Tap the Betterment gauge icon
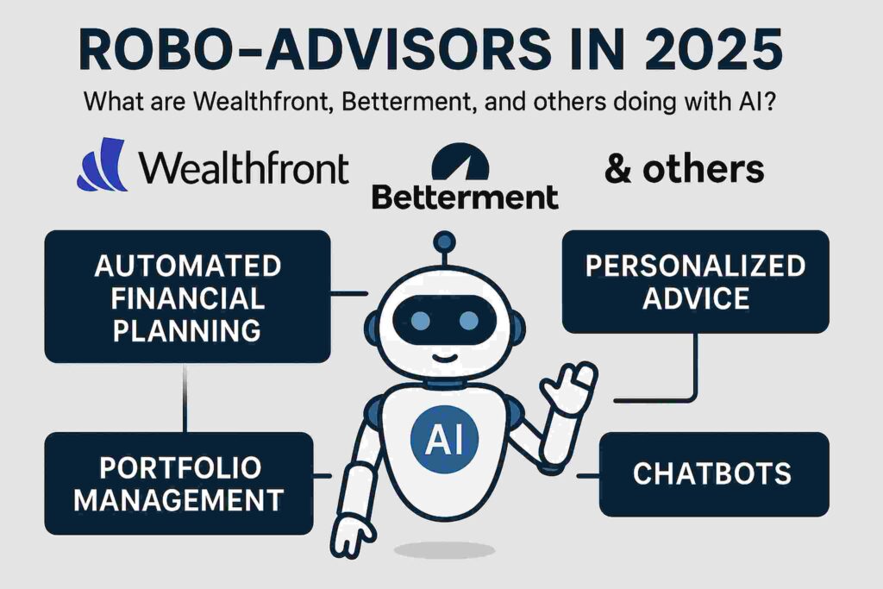click(460, 161)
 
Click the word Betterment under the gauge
click(465, 197)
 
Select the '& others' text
click(684, 168)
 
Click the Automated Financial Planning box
click(187, 297)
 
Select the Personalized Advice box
click(696, 281)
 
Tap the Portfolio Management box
click(179, 484)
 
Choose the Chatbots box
click(714, 474)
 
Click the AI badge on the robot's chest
click(444, 439)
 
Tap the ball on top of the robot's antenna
click(444, 241)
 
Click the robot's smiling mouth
click(444, 358)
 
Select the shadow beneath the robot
click(444, 550)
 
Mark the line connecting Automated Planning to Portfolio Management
click(185, 398)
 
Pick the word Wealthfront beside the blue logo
click(244, 167)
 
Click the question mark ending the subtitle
click(767, 102)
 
